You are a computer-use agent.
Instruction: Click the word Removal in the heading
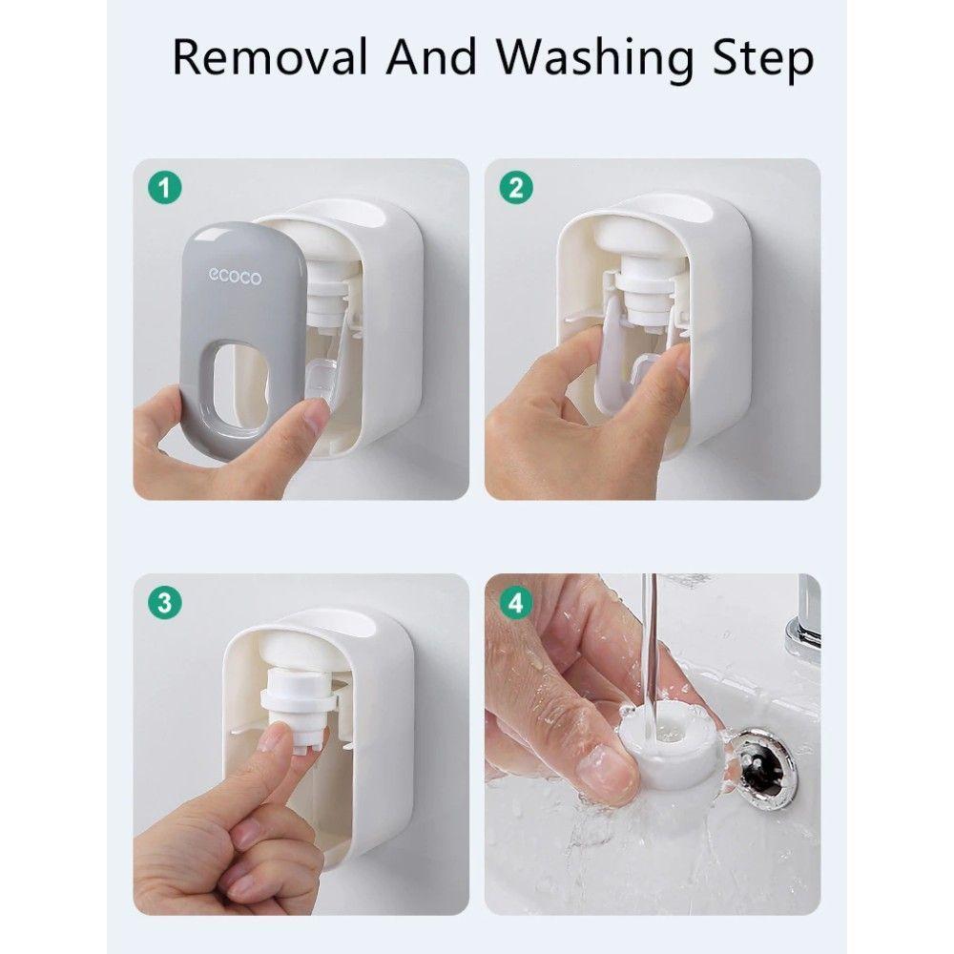coord(271,57)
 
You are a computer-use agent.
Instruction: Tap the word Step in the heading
coord(763,59)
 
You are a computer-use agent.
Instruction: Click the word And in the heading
coord(431,57)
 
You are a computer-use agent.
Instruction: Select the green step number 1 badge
coord(165,187)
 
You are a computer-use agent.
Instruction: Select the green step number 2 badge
coord(516,187)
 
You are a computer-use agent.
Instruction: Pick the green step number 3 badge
coord(165,603)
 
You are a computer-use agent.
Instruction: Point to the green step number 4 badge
coord(516,603)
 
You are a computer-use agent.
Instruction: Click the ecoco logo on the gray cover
coord(235,277)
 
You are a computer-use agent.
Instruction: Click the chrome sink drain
coord(761,768)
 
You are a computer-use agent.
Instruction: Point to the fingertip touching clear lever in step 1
coord(317,420)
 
